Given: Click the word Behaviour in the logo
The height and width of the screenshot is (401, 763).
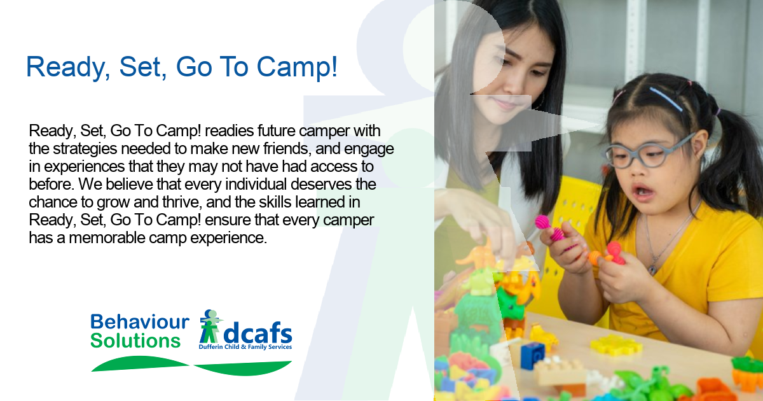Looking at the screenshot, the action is click(x=140, y=321).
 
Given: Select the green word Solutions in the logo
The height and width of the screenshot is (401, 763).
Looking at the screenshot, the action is click(x=135, y=341).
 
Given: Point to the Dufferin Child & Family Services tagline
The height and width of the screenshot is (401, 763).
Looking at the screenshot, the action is click(x=245, y=347).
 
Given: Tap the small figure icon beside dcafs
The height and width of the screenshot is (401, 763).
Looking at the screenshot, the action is click(x=210, y=327).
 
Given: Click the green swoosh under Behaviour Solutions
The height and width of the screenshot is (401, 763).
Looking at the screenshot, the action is click(x=140, y=363).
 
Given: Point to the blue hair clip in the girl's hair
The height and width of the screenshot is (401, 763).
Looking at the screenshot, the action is click(x=666, y=99).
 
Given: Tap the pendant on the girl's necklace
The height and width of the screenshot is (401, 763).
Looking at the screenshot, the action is click(x=652, y=270).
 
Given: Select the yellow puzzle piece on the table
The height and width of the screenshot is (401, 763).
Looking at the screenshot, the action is click(x=616, y=345).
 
